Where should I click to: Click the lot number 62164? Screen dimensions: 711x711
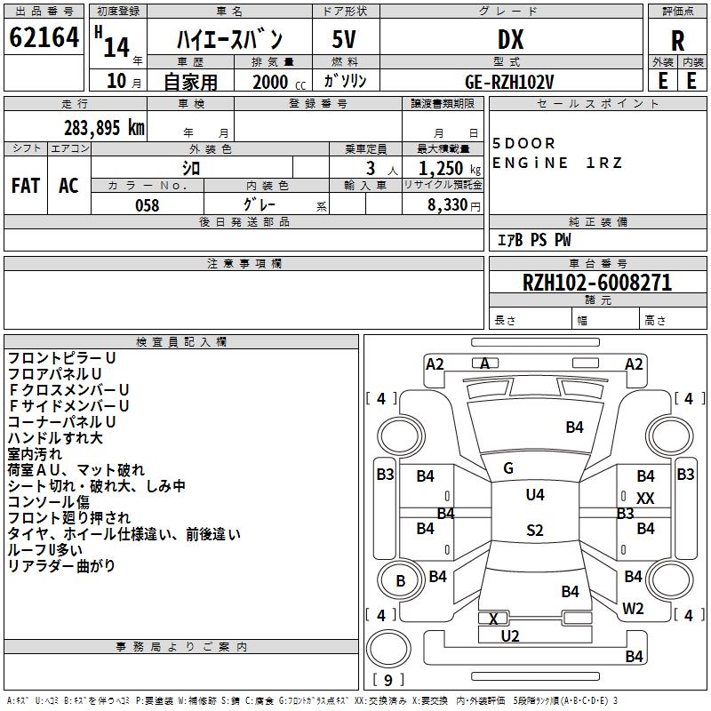tap(44, 38)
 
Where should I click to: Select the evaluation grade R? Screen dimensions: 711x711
tap(677, 41)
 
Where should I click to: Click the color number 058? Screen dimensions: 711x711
tap(147, 205)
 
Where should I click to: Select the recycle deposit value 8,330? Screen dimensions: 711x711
tap(449, 205)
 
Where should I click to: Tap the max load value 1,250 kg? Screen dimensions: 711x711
tap(449, 168)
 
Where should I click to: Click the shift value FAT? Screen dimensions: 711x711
tap(26, 185)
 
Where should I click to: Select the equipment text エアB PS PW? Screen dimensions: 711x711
tap(533, 240)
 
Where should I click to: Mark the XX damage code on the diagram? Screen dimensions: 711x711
tap(646, 499)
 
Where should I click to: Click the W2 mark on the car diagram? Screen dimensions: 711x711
tap(633, 609)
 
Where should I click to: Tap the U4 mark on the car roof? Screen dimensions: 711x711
tap(534, 495)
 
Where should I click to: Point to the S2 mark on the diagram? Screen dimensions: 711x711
tap(534, 531)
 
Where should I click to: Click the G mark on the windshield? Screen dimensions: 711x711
tap(508, 468)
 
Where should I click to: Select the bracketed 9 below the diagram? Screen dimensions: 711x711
tap(387, 681)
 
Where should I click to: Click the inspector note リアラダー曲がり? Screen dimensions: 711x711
tap(61, 566)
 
